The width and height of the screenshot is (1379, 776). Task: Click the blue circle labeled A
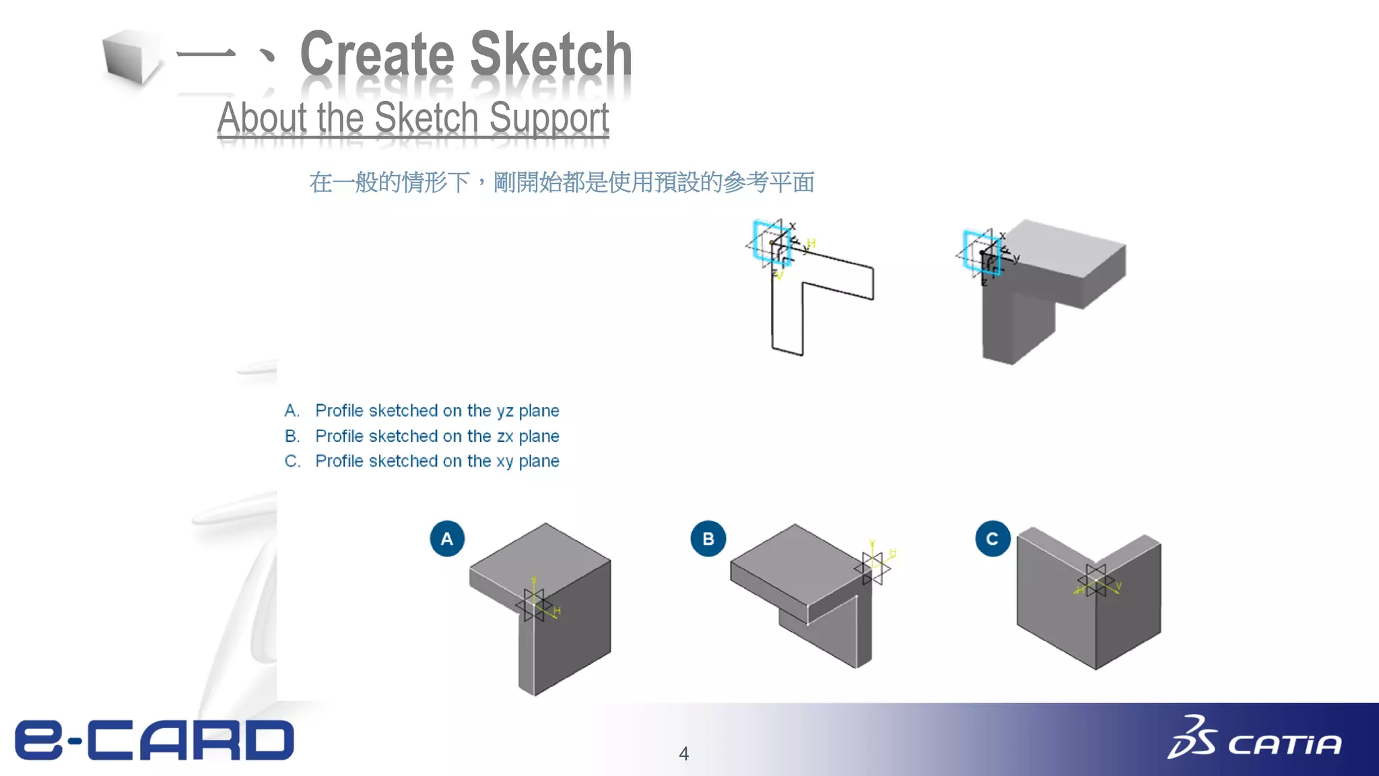(x=447, y=539)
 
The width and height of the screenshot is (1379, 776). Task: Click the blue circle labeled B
(x=708, y=539)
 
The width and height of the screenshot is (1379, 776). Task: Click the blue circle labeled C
(x=993, y=539)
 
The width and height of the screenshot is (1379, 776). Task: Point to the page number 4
(x=683, y=754)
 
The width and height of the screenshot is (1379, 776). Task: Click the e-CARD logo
(x=155, y=740)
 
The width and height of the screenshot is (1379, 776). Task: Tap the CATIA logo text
(x=1284, y=745)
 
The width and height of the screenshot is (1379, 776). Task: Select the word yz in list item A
(x=505, y=411)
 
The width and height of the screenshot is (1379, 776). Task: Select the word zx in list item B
(x=505, y=437)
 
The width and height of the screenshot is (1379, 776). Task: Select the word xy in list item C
(x=505, y=461)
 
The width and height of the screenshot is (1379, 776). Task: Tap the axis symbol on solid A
(x=533, y=604)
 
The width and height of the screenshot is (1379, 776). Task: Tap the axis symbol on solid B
(x=873, y=568)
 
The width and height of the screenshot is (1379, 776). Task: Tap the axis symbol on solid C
(x=1096, y=581)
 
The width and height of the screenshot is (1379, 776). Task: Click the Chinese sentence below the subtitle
(x=562, y=183)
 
